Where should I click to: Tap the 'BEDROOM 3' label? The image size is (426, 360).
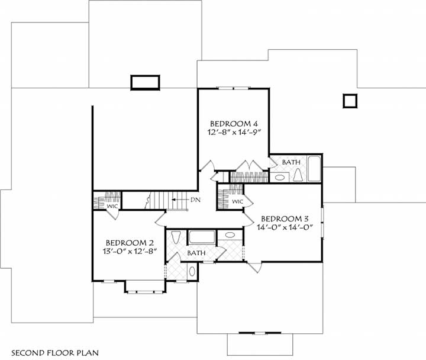click(x=284, y=217)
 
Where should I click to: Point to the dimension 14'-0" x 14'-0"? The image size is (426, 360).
click(x=284, y=227)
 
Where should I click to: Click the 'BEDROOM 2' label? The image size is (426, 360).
click(x=130, y=243)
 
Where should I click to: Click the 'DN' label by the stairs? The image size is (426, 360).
click(x=195, y=200)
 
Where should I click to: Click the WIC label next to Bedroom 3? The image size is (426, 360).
click(x=237, y=202)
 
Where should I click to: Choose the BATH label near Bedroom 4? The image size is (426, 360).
click(x=291, y=162)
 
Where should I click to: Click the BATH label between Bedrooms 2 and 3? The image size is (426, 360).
click(x=196, y=253)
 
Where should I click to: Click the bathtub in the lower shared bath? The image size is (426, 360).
click(x=202, y=238)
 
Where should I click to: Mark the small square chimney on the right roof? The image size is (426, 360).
click(x=350, y=101)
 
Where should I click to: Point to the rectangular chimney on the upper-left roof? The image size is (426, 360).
click(x=145, y=82)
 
